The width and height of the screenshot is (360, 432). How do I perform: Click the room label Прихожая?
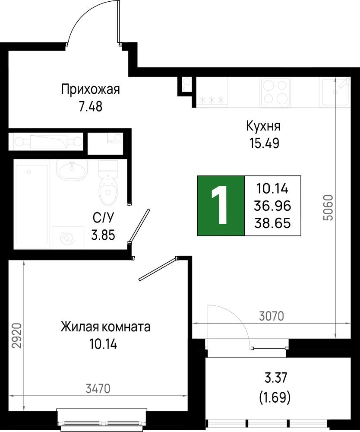point(90,90)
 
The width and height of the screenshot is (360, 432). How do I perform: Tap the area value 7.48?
point(90,106)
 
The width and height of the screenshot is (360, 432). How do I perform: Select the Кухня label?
point(263,126)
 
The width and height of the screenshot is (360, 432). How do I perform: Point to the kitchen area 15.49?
point(263,143)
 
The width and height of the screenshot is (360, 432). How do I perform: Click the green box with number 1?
point(221,206)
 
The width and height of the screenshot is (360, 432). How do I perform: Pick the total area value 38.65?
point(273,223)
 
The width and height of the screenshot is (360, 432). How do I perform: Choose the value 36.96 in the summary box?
point(273,206)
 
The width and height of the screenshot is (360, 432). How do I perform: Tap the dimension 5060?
point(328,208)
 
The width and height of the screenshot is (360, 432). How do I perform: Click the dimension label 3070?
point(271,316)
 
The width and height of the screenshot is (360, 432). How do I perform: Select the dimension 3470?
point(98,388)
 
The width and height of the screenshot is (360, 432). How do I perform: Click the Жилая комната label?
point(106,327)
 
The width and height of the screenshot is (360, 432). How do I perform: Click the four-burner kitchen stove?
point(275,92)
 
